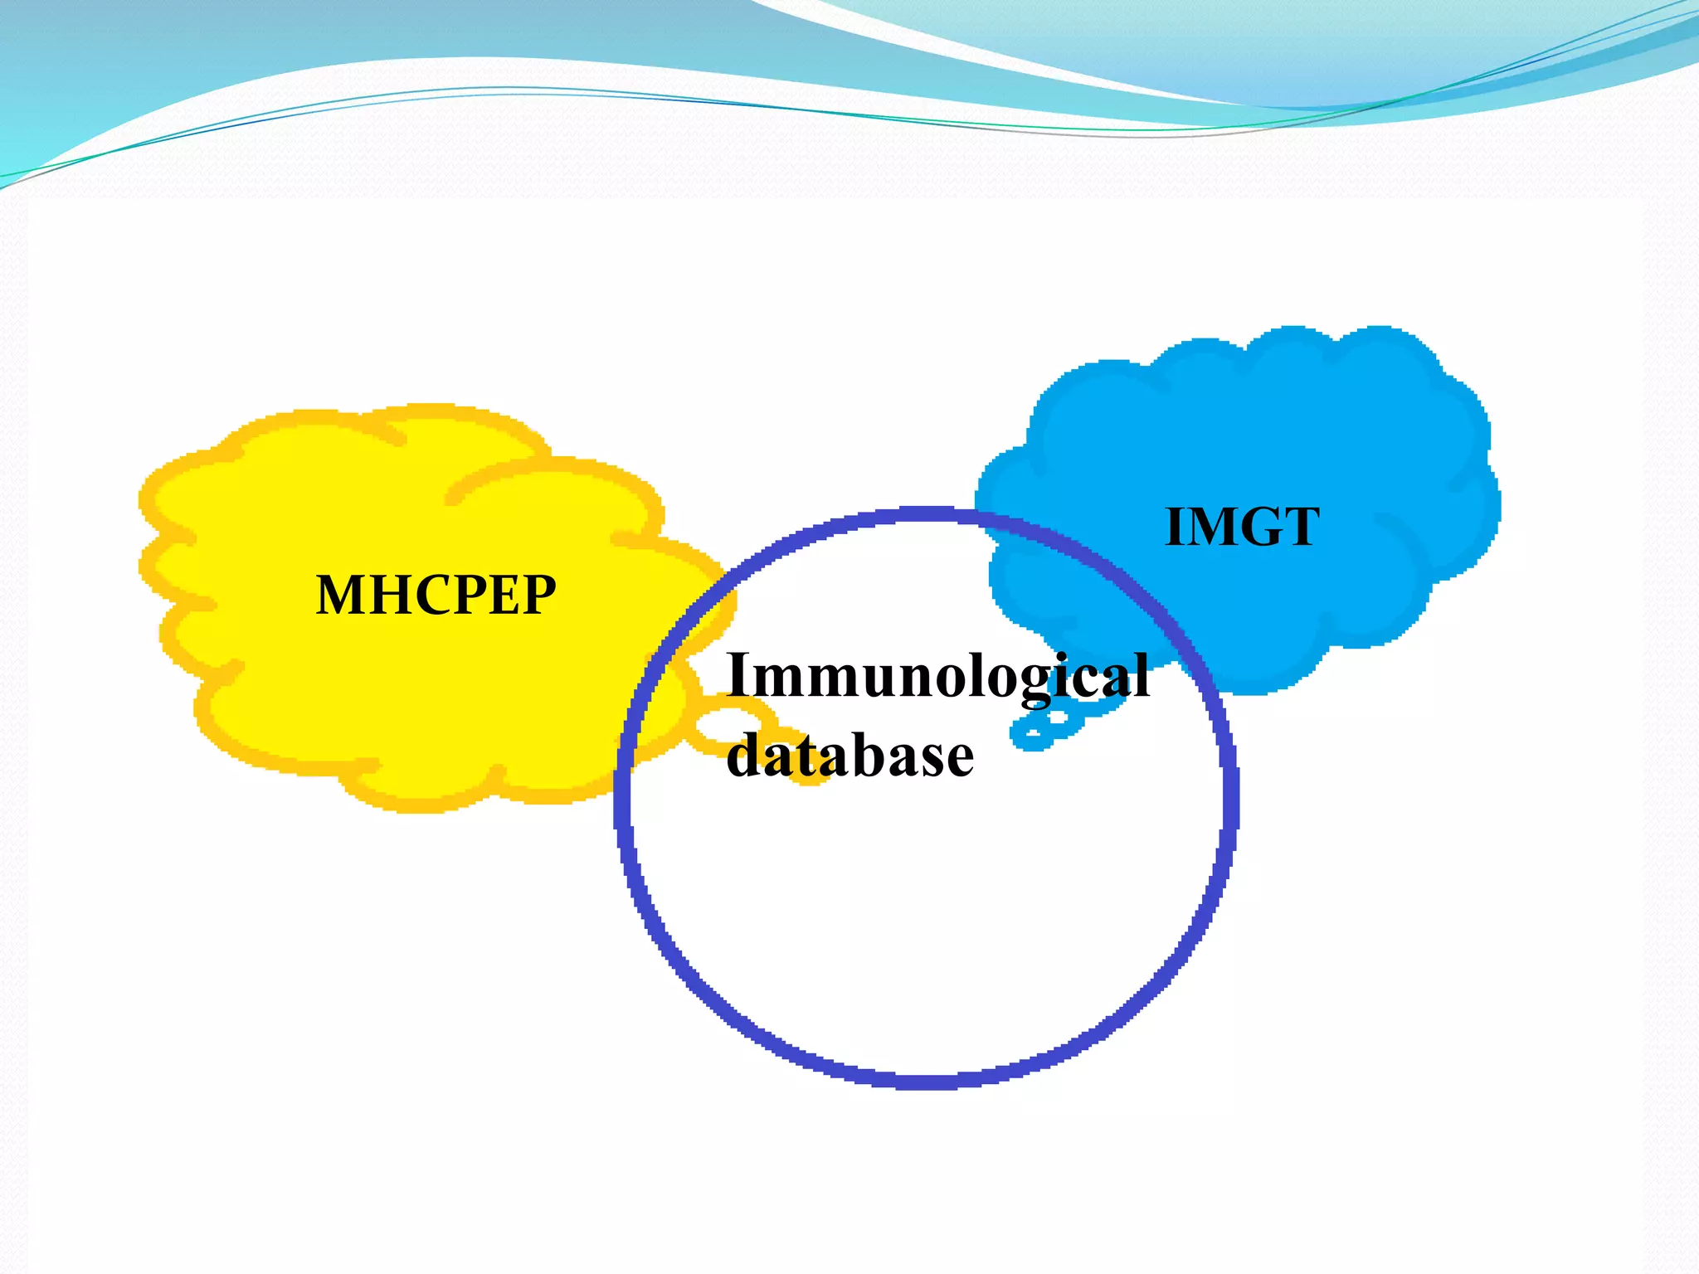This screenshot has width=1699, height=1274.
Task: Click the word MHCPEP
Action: [436, 595]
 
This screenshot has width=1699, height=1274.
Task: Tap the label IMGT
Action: [1242, 527]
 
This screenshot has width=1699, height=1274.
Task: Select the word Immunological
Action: [937, 676]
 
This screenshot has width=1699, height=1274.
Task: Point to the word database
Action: [849, 756]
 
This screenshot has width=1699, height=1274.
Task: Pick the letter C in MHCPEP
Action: [429, 595]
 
